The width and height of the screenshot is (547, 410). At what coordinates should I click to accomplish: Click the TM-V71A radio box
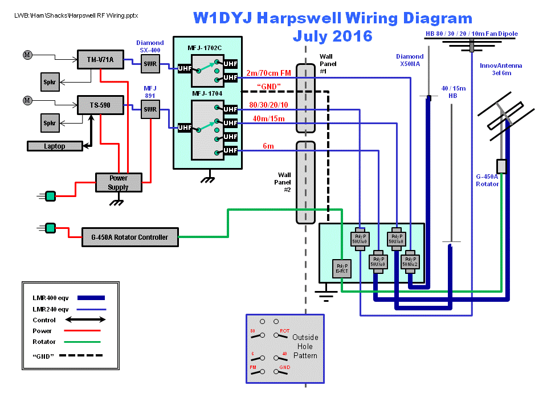[x=100, y=59]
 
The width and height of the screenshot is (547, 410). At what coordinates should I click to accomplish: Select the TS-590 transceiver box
[x=100, y=105]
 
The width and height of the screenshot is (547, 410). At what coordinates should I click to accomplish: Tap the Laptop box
[x=55, y=146]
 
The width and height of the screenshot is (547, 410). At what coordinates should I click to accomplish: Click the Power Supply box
[x=118, y=182]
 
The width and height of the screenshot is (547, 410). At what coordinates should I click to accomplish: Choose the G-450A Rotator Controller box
[x=130, y=237]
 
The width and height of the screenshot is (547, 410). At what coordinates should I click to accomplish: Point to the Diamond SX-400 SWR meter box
[x=150, y=64]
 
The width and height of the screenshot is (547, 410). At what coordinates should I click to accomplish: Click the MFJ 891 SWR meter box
[x=150, y=109]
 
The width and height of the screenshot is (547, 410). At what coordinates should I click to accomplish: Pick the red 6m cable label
[x=268, y=146]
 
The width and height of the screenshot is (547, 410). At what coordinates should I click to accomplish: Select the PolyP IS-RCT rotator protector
[x=342, y=269]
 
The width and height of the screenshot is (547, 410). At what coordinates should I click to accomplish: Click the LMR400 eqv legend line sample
[x=84, y=297]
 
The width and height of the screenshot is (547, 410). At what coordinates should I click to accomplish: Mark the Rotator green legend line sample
[x=84, y=342]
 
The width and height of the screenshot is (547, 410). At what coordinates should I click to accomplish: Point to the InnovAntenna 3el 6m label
[x=501, y=69]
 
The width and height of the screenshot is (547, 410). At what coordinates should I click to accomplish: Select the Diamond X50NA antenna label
[x=410, y=60]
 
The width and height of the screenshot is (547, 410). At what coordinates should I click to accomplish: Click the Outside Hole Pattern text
[x=305, y=346]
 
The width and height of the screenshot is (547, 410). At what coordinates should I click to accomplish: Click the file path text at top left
[x=76, y=15]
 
